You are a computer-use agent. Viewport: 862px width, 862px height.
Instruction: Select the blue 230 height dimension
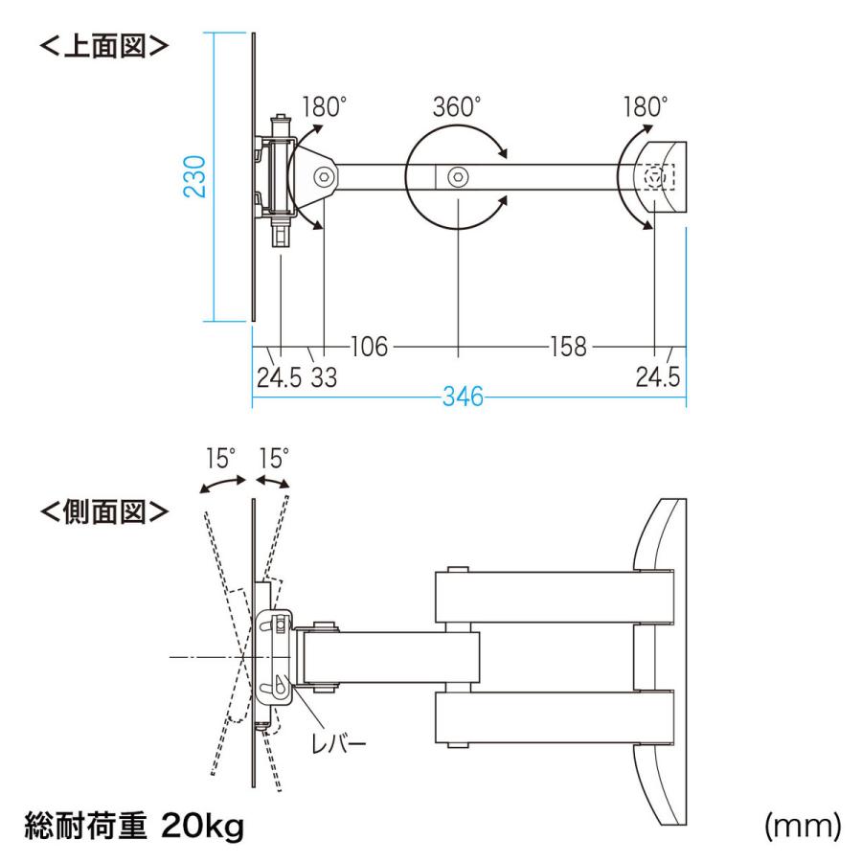click(x=195, y=177)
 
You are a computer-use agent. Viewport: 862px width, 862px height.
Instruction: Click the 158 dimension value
click(x=568, y=347)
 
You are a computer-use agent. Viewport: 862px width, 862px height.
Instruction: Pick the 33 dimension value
click(x=324, y=377)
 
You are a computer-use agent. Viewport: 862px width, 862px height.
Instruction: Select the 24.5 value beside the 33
click(x=278, y=377)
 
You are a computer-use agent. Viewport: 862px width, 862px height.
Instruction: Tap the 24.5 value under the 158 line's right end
click(x=658, y=377)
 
